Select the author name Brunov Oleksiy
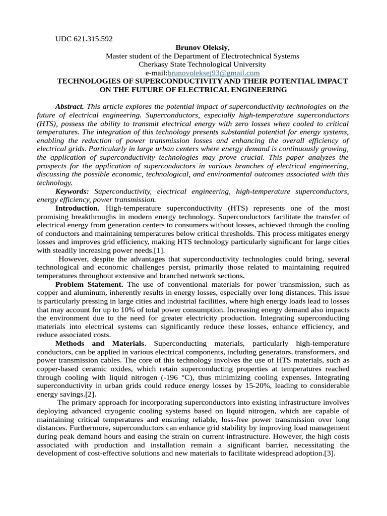click(x=202, y=47)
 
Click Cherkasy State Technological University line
click(x=202, y=64)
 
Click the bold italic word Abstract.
click(x=70, y=106)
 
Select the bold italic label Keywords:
click(x=72, y=191)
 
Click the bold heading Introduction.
click(x=77, y=208)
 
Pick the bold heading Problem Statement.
click(x=90, y=284)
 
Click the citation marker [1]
click(x=159, y=250)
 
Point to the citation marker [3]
click(x=329, y=454)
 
